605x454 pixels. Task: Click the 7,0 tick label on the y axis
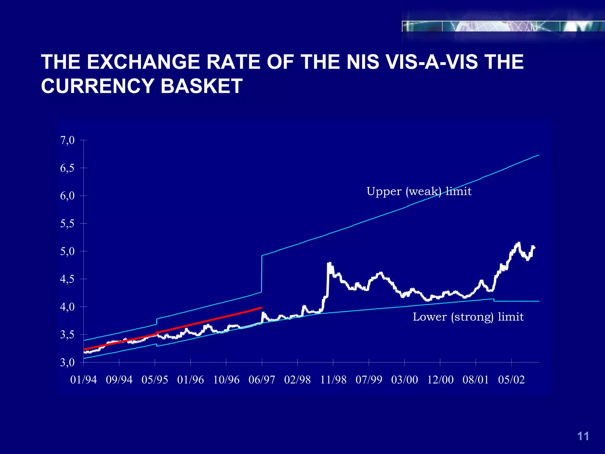pos(67,140)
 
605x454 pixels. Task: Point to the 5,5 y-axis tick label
pos(67,224)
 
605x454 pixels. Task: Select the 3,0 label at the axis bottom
pos(67,363)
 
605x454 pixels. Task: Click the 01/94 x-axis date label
pos(84,380)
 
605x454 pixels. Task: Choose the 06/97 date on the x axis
pos(262,380)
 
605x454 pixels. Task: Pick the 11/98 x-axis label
pos(333,380)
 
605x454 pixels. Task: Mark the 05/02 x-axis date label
pos(511,380)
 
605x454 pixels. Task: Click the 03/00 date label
pos(404,380)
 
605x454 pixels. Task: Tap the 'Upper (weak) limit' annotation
pos(419,191)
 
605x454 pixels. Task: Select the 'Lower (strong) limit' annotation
pos(468,317)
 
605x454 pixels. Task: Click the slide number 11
pos(583,436)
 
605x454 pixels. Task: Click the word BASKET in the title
pos(201,86)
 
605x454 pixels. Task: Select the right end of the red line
pos(261,308)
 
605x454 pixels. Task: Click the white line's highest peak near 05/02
pos(519,243)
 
